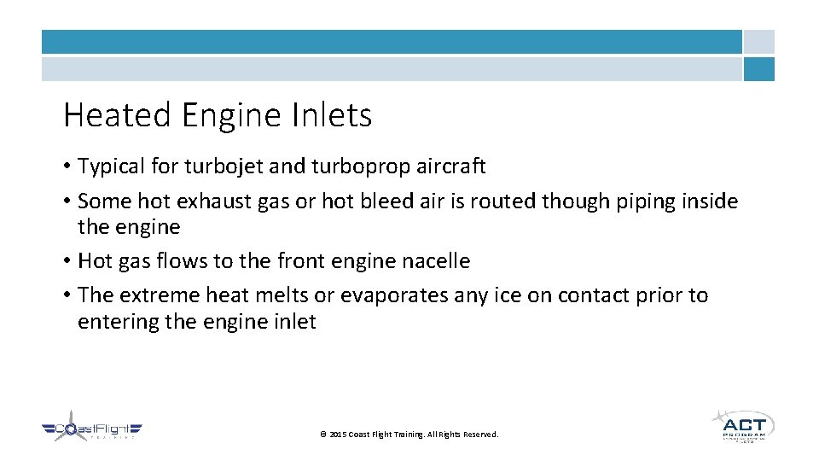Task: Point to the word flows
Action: point(180,261)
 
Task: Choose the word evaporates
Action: point(388,295)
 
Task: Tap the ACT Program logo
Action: point(742,425)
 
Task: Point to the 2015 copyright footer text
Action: point(409,435)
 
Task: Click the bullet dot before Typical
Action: point(67,166)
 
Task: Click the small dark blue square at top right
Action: point(758,69)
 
